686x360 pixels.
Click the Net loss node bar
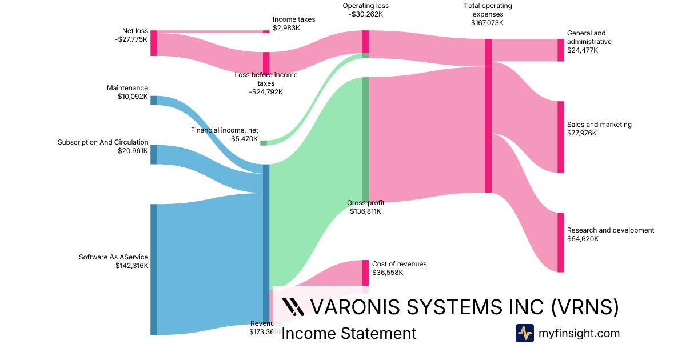click(x=154, y=43)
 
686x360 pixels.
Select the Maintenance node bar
click(x=154, y=101)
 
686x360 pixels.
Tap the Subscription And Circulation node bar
click(x=154, y=154)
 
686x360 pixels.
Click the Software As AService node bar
click(x=154, y=269)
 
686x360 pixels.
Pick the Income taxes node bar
click(x=266, y=31)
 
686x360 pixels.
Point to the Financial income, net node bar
click(x=264, y=143)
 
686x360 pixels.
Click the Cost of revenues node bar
click(x=365, y=273)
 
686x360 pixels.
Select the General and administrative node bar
click(x=560, y=50)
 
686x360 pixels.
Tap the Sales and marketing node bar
click(x=560, y=137)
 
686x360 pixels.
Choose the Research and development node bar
click(x=560, y=242)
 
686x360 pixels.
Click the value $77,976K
click(x=582, y=133)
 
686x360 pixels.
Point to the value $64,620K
click(x=583, y=239)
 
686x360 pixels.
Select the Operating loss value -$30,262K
click(x=365, y=15)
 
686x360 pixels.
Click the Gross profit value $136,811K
click(x=365, y=211)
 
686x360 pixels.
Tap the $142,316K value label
click(x=131, y=266)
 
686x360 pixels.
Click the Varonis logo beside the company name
click(x=293, y=307)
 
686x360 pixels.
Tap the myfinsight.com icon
click(x=524, y=333)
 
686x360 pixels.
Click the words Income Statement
click(x=349, y=333)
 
